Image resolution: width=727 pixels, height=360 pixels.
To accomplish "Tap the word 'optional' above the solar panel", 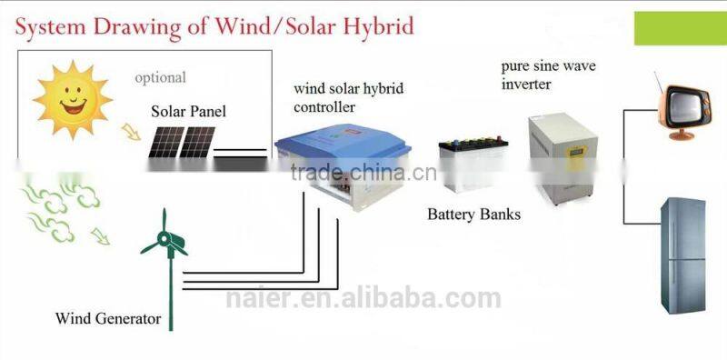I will [160, 77].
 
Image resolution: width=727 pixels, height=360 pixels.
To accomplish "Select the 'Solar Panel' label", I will [188, 112].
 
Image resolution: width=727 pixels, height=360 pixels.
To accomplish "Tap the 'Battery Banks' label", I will [474, 215].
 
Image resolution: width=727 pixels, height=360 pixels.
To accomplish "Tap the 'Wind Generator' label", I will [108, 319].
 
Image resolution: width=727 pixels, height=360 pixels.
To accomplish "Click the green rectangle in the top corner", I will [680, 27].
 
